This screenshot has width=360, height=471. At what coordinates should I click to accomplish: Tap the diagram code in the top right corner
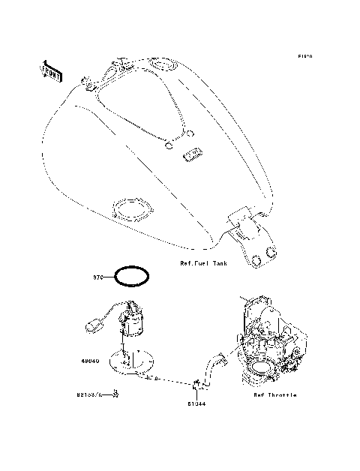tap(304, 56)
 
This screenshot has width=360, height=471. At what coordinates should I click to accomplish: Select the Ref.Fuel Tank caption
tap(203, 263)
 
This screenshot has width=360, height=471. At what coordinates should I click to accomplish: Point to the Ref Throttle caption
tap(274, 394)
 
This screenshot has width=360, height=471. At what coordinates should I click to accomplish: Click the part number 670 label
tap(97, 277)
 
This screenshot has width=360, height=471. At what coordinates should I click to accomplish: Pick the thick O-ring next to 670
tap(132, 276)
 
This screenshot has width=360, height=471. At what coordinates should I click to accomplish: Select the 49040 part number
tap(91, 359)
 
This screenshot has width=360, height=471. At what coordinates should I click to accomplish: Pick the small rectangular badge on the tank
tap(193, 155)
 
